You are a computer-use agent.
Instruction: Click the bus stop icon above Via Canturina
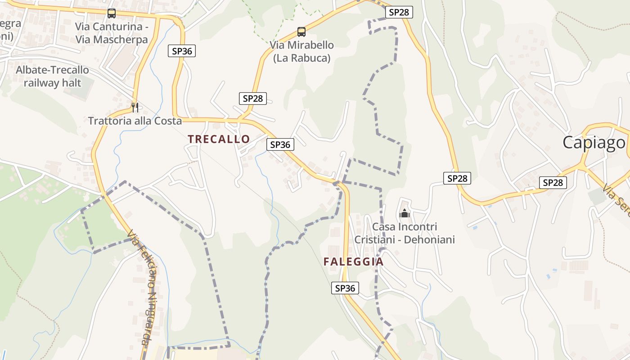[x=112, y=13]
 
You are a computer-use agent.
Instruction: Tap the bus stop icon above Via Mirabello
[x=301, y=32]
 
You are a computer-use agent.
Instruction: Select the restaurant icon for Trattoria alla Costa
[x=135, y=107]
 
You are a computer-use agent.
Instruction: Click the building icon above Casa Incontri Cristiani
[x=405, y=213]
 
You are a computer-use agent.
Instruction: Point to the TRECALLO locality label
[x=219, y=139]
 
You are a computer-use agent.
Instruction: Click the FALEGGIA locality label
[x=354, y=261]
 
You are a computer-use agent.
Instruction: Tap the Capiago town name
[x=594, y=142]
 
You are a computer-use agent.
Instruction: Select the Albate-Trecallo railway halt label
[x=53, y=76]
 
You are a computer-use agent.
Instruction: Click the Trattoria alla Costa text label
[x=135, y=121]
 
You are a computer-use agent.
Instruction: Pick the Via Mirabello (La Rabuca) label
[x=302, y=51]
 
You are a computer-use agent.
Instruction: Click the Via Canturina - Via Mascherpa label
[x=112, y=33]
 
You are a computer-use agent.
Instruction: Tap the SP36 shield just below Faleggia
[x=346, y=288]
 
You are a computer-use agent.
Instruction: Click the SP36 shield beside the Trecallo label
[x=280, y=144]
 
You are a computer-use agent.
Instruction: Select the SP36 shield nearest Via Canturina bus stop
[x=182, y=51]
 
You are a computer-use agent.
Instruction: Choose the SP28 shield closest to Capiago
[x=553, y=182]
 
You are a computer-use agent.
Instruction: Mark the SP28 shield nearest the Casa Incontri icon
[x=457, y=178]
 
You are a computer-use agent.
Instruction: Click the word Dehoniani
[x=429, y=239]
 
